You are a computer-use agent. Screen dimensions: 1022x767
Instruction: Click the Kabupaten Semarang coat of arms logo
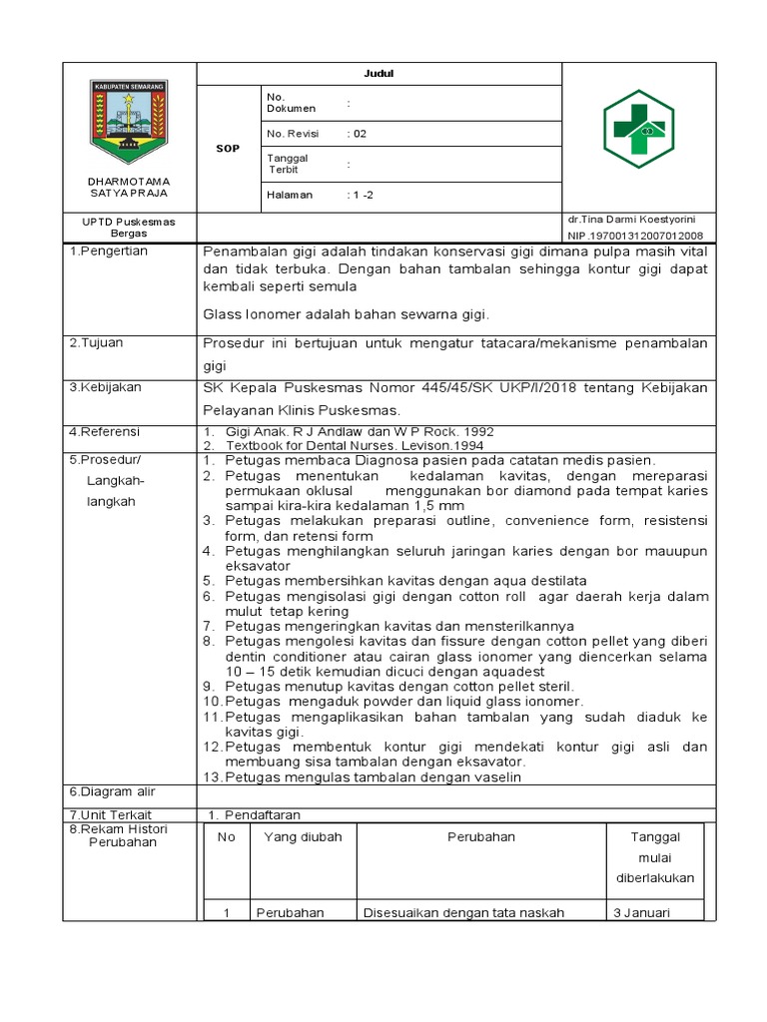point(129,119)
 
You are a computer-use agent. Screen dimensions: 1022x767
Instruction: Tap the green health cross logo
point(638,128)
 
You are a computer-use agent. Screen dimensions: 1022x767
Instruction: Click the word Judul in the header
point(380,74)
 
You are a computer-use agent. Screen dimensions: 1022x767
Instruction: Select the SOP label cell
point(228,148)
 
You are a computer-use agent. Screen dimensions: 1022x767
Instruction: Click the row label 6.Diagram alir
point(108,791)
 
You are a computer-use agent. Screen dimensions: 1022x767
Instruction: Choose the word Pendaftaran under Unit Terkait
point(262,815)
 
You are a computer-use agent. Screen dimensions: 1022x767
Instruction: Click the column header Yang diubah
point(302,837)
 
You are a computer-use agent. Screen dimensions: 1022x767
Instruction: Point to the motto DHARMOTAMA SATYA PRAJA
point(128,187)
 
